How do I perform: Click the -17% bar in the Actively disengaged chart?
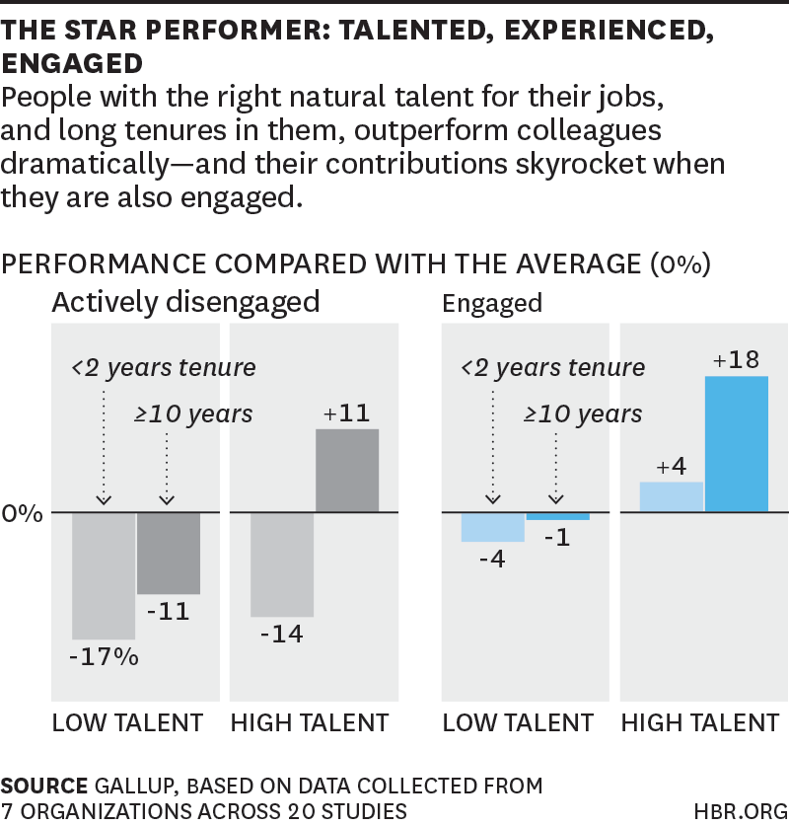pyautogui.click(x=104, y=575)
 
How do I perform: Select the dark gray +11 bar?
pyautogui.click(x=347, y=471)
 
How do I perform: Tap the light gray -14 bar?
pyautogui.click(x=282, y=564)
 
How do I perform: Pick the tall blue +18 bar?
pyautogui.click(x=737, y=444)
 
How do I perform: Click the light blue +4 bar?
pyautogui.click(x=672, y=497)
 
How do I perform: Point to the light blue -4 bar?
pyautogui.click(x=492, y=527)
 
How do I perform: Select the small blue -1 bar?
pyautogui.click(x=557, y=516)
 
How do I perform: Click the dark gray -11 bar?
pyautogui.click(x=169, y=553)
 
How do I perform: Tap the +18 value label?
pyautogui.click(x=737, y=360)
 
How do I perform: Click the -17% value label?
pyautogui.click(x=104, y=656)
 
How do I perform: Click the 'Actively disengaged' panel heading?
pyautogui.click(x=185, y=302)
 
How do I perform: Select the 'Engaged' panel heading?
pyautogui.click(x=492, y=303)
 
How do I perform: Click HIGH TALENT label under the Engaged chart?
pyautogui.click(x=699, y=723)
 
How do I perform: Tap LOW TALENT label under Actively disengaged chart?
pyautogui.click(x=127, y=723)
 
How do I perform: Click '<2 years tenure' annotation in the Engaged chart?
pyautogui.click(x=553, y=368)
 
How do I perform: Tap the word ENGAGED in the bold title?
pyautogui.click(x=73, y=64)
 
